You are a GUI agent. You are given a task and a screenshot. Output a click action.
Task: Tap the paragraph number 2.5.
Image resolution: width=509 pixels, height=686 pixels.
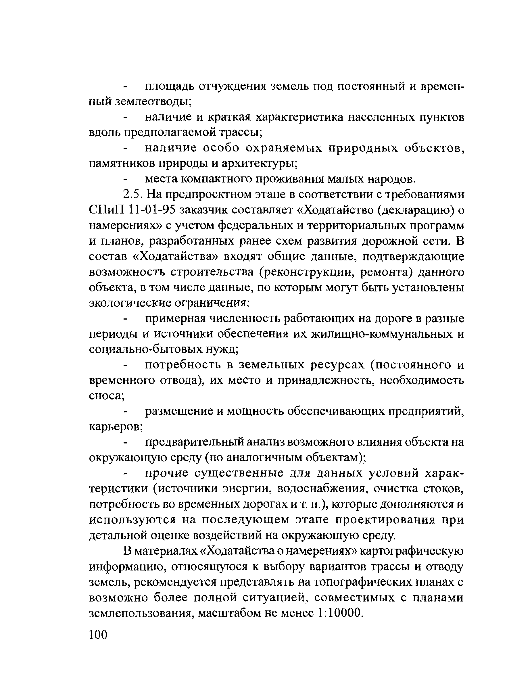coord(132,194)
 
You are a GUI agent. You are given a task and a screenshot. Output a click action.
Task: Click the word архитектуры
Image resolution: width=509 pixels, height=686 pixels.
coord(259,164)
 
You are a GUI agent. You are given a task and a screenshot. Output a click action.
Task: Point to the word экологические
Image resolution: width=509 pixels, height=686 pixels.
coord(130,303)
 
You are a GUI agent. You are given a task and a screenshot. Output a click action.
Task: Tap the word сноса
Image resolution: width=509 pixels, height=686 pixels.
coord(106,396)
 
